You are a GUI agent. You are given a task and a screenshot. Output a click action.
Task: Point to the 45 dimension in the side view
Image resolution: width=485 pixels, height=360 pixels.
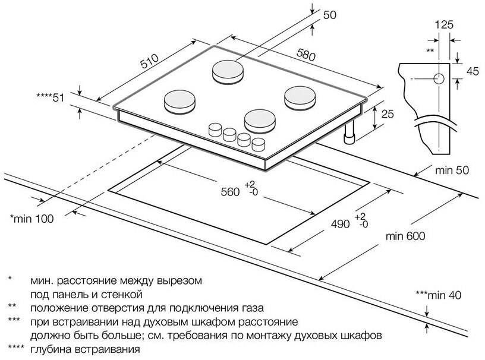point(473,71)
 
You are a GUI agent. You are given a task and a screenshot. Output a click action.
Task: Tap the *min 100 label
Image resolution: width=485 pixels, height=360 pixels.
point(32,219)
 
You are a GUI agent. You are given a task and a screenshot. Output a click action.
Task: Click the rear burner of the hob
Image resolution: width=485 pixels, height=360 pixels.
point(227,71)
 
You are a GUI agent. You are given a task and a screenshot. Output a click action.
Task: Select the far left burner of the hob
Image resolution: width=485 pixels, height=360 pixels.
point(178,100)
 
